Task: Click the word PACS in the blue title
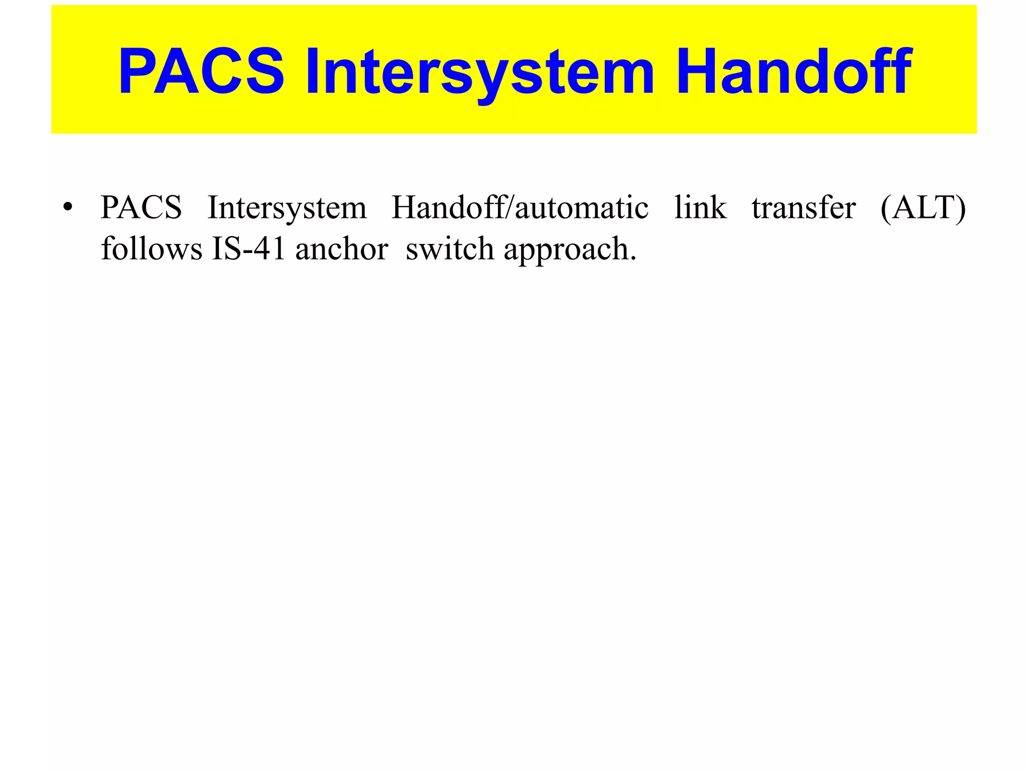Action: click(x=201, y=71)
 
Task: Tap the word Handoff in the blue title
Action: click(x=793, y=71)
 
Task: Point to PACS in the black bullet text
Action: click(x=141, y=207)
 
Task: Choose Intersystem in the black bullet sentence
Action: click(x=287, y=207)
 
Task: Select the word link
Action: click(x=700, y=207)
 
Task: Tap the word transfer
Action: click(x=804, y=207)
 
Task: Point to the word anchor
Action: click(x=341, y=249)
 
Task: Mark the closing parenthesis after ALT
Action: click(x=961, y=208)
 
